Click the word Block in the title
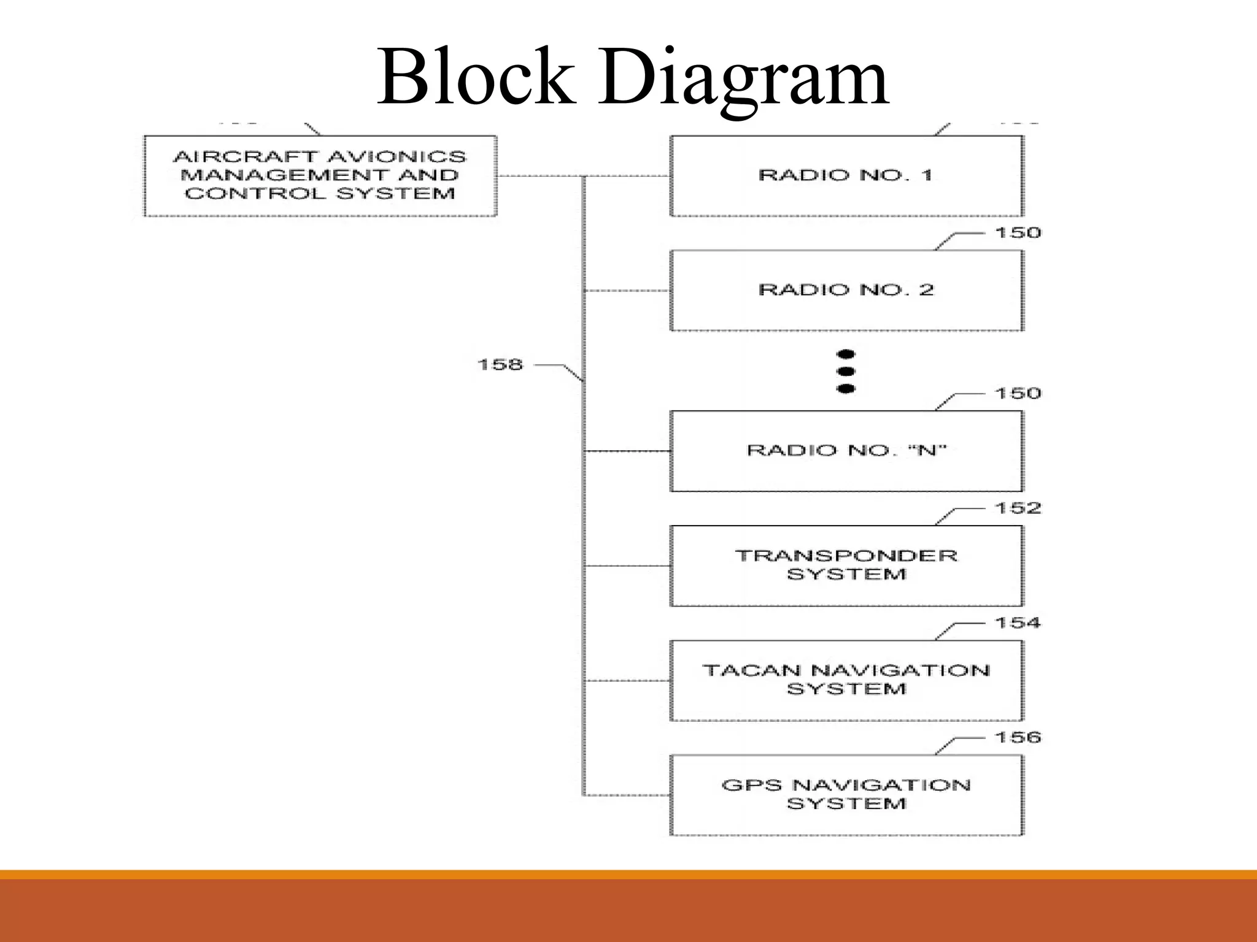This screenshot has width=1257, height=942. [x=476, y=78]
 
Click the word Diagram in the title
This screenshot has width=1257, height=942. [x=744, y=78]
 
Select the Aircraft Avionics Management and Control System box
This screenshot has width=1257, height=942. [x=320, y=176]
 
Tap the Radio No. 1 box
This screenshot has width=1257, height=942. [x=846, y=175]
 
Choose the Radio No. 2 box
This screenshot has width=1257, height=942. [x=846, y=290]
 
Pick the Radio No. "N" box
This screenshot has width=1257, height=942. [x=846, y=451]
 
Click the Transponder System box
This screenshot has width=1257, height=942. [x=846, y=565]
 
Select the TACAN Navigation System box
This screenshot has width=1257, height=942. [x=846, y=680]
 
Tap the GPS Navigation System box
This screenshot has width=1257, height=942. [x=846, y=795]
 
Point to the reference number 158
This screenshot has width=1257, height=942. [x=500, y=365]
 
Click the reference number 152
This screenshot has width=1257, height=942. [x=1018, y=508]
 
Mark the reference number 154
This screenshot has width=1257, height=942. [x=1018, y=623]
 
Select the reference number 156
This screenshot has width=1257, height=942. [x=1018, y=737]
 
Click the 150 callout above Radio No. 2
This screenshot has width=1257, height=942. [x=1018, y=233]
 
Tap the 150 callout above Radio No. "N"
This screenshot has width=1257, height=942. [x=1018, y=394]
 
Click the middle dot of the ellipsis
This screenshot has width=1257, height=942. [x=846, y=371]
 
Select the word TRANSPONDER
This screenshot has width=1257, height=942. [x=846, y=556]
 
